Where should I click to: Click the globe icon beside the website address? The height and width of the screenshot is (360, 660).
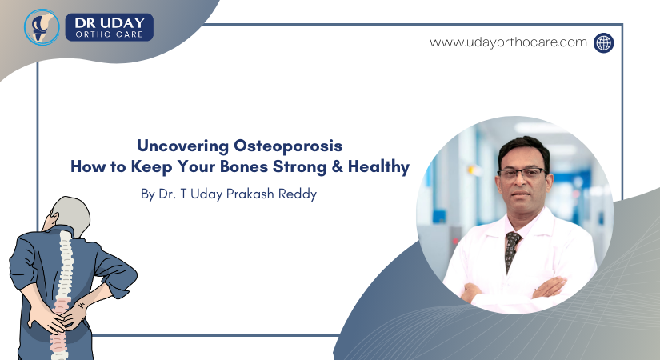[603, 42]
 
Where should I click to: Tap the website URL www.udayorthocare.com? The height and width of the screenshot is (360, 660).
[509, 42]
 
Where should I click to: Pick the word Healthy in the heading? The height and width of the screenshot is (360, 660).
[379, 167]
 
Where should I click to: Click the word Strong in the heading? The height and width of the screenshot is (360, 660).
[302, 167]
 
